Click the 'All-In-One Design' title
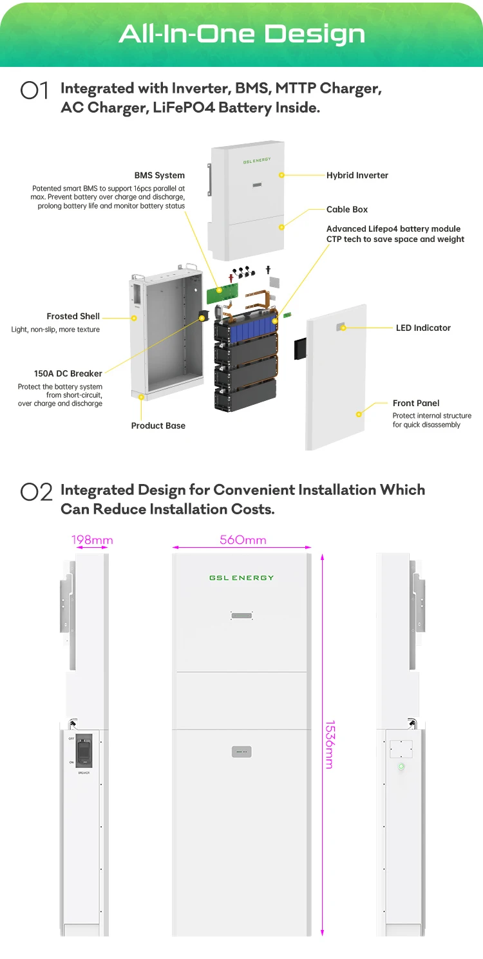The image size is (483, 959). (x=241, y=33)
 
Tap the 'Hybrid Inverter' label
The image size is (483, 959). (x=357, y=175)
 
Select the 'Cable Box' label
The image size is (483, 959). (x=347, y=209)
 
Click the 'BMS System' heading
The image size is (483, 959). (x=159, y=175)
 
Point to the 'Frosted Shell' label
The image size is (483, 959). (x=73, y=316)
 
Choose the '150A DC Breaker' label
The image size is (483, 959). (x=68, y=373)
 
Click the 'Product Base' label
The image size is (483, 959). (x=158, y=425)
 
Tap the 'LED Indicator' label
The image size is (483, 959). (x=422, y=328)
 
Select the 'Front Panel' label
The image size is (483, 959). (x=415, y=403)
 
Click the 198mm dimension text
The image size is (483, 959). (x=92, y=540)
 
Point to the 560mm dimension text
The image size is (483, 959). (x=243, y=540)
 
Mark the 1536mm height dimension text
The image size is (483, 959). (x=329, y=744)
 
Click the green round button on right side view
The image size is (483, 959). (x=401, y=767)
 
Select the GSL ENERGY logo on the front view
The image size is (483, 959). (x=241, y=578)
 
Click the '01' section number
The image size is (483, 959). (x=35, y=91)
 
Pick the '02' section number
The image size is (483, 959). (x=36, y=492)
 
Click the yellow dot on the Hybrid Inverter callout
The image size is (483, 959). (x=281, y=175)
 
